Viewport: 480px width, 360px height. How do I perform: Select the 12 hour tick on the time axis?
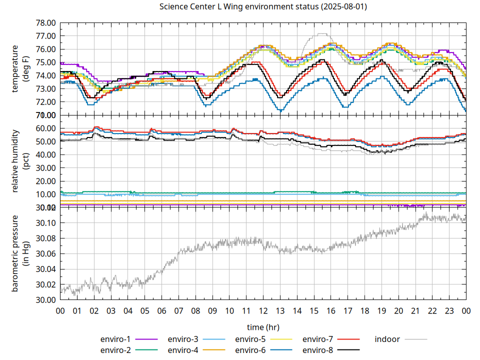coord(263,310)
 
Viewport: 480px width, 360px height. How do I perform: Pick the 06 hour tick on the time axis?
coord(161,310)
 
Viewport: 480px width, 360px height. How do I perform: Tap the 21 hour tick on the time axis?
coord(415,310)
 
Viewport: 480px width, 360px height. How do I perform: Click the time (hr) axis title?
coord(263,327)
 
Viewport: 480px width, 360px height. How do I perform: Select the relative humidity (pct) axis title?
coord(20,160)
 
